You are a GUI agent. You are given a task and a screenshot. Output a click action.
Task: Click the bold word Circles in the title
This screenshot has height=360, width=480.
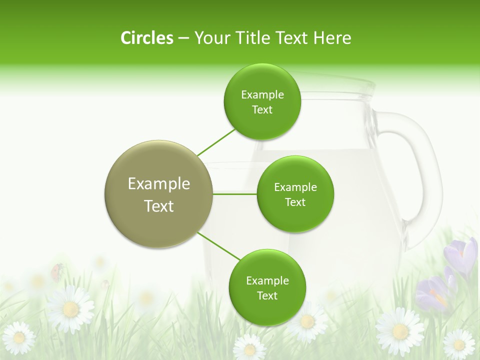(x=146, y=37)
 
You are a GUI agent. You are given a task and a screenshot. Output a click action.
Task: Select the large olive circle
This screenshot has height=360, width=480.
(x=159, y=194)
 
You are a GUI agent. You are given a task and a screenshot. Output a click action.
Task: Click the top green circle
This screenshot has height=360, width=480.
(x=262, y=102)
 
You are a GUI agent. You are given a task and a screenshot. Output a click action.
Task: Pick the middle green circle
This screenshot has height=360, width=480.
(x=295, y=194)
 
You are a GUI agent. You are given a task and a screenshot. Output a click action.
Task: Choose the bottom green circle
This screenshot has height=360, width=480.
(x=267, y=287)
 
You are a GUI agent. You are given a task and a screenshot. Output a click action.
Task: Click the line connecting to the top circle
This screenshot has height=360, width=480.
(x=216, y=142)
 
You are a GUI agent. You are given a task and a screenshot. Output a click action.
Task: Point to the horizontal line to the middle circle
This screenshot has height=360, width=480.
(x=235, y=194)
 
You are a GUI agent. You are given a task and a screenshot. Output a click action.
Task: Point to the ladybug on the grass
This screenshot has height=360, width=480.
(x=56, y=270)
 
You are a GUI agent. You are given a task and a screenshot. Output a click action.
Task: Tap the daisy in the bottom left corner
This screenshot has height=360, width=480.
(x=19, y=338)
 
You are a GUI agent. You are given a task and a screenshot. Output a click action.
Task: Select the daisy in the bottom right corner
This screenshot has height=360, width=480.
(x=458, y=344)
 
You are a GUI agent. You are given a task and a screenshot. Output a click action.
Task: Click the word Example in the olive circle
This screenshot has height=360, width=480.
(x=159, y=183)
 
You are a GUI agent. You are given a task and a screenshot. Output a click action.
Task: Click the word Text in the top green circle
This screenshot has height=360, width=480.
(x=262, y=110)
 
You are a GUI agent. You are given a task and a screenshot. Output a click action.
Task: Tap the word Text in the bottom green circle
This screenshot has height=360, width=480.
(x=267, y=295)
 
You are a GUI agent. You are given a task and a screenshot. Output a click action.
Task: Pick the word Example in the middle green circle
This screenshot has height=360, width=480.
(x=295, y=187)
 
